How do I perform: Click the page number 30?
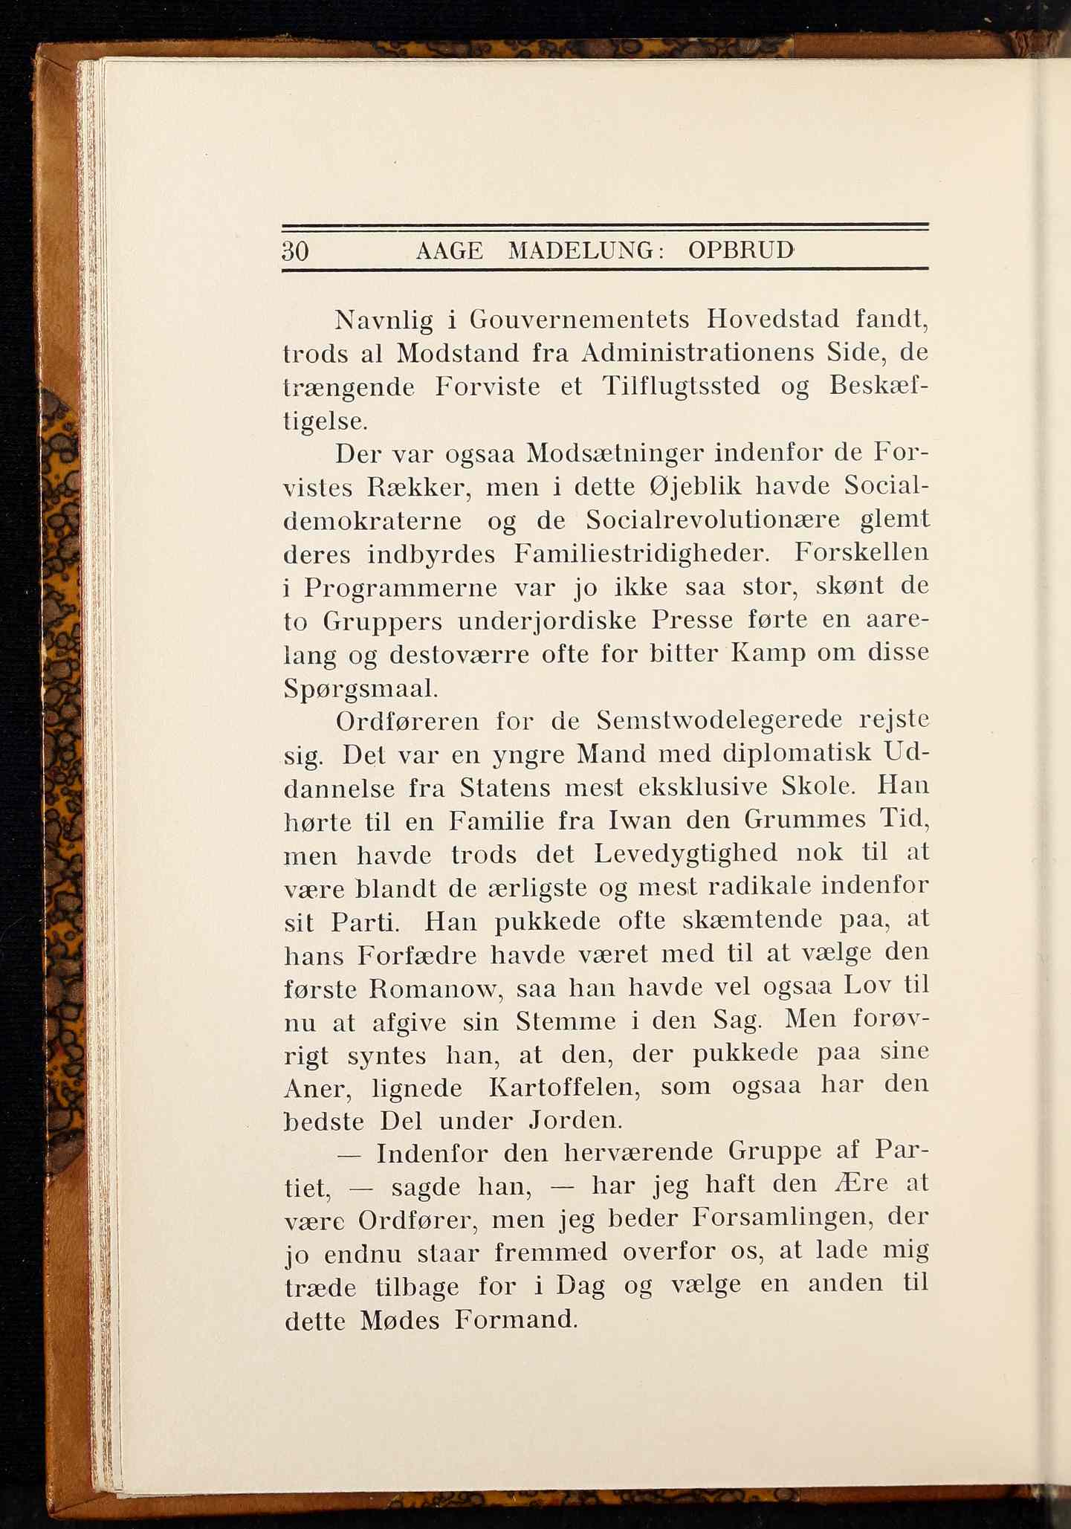tap(296, 251)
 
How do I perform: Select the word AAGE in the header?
tap(449, 251)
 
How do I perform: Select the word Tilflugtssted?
tap(681, 386)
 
